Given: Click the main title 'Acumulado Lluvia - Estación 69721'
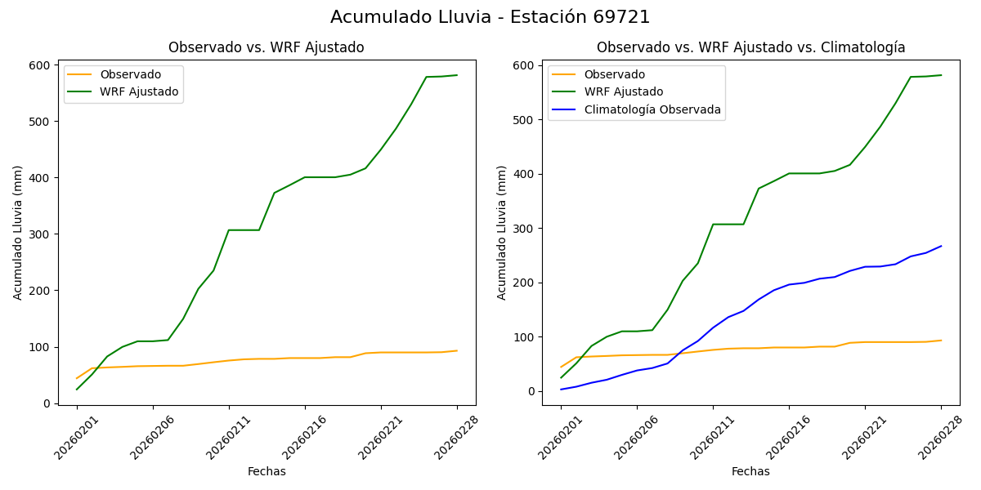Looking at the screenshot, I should click(490, 17).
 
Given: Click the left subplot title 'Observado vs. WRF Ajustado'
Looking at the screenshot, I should click(266, 47).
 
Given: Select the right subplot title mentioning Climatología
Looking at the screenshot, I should click(750, 47).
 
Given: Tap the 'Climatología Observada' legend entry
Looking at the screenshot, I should click(652, 109).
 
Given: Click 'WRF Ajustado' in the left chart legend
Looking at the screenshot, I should click(139, 91).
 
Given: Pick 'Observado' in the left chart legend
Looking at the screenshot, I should click(130, 74).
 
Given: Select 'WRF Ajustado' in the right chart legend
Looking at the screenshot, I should click(623, 91).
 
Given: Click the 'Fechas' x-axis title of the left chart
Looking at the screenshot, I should click(267, 471).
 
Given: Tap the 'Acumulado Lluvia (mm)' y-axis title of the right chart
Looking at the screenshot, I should click(502, 232).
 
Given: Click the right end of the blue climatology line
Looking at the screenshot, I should click(941, 246).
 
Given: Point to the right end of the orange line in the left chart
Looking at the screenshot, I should click(457, 351).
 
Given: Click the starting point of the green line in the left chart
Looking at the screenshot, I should click(77, 389).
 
